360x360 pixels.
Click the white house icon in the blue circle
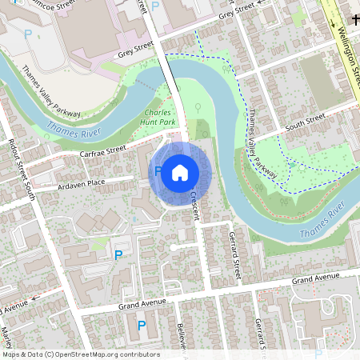pos(179,172)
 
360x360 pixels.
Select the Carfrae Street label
pos(103,150)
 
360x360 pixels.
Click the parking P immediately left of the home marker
pos(158,170)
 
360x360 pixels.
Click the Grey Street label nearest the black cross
pos(235,14)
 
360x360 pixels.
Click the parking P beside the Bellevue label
pos(142,325)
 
